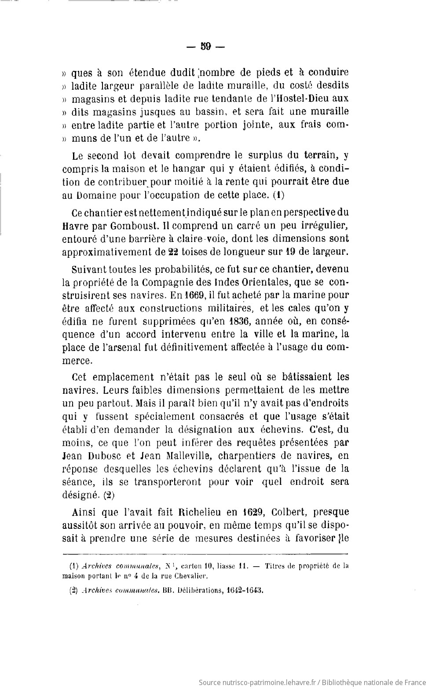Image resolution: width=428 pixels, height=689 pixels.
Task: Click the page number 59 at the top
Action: [206, 46]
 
